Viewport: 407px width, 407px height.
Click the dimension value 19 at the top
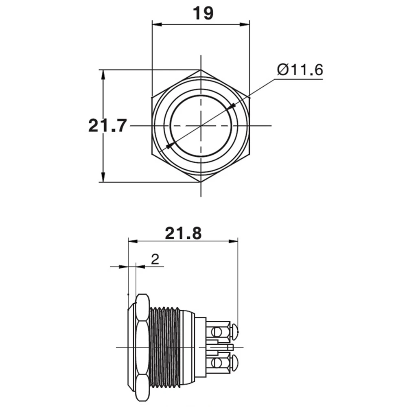(203, 13)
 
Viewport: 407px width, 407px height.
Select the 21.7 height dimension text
(107, 126)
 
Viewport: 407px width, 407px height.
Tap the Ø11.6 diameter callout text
(300, 70)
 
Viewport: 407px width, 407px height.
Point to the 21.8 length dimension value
(183, 233)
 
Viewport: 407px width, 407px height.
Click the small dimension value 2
(155, 259)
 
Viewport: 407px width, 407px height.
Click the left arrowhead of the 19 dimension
(157, 25)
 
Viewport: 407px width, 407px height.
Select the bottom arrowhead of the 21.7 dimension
(103, 177)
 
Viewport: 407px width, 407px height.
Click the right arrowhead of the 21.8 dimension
(233, 241)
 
